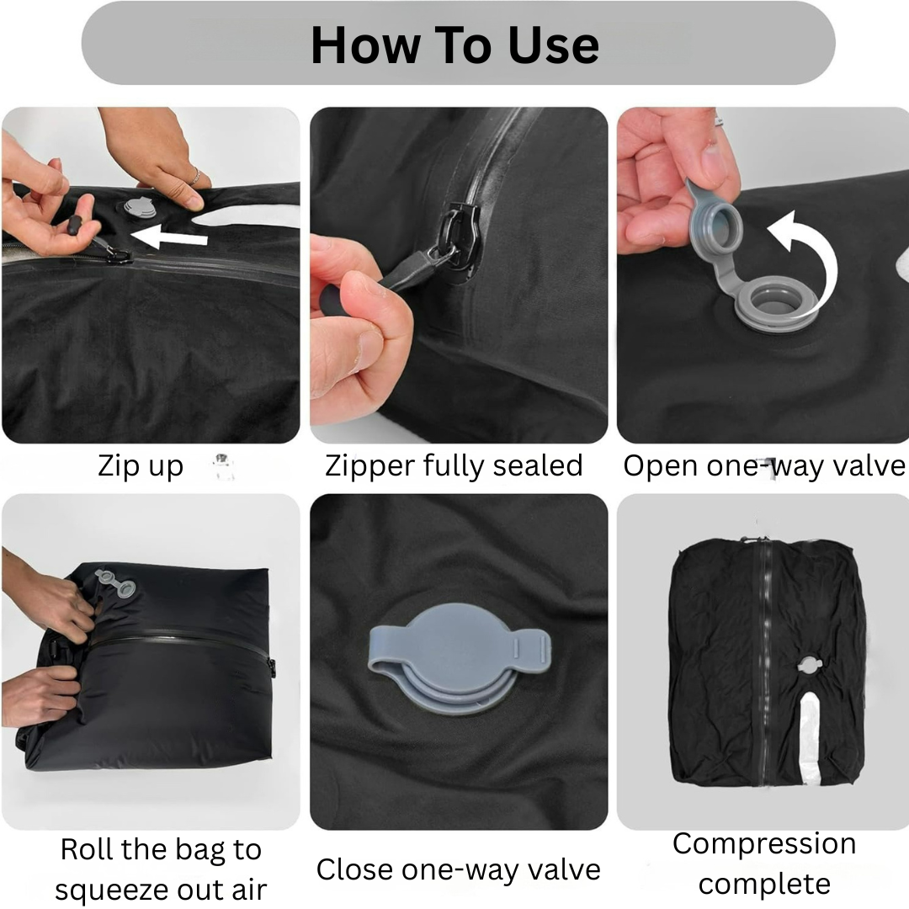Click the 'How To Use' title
[x=454, y=45]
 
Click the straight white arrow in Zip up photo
[x=173, y=238]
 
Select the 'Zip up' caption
[x=141, y=465]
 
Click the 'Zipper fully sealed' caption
[x=454, y=465]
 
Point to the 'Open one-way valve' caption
[x=763, y=465]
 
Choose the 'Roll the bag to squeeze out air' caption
[x=161, y=869]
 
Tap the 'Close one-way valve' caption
[x=458, y=869]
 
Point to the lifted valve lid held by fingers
[x=716, y=211]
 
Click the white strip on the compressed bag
[x=810, y=728]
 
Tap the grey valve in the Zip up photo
[x=136, y=207]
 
